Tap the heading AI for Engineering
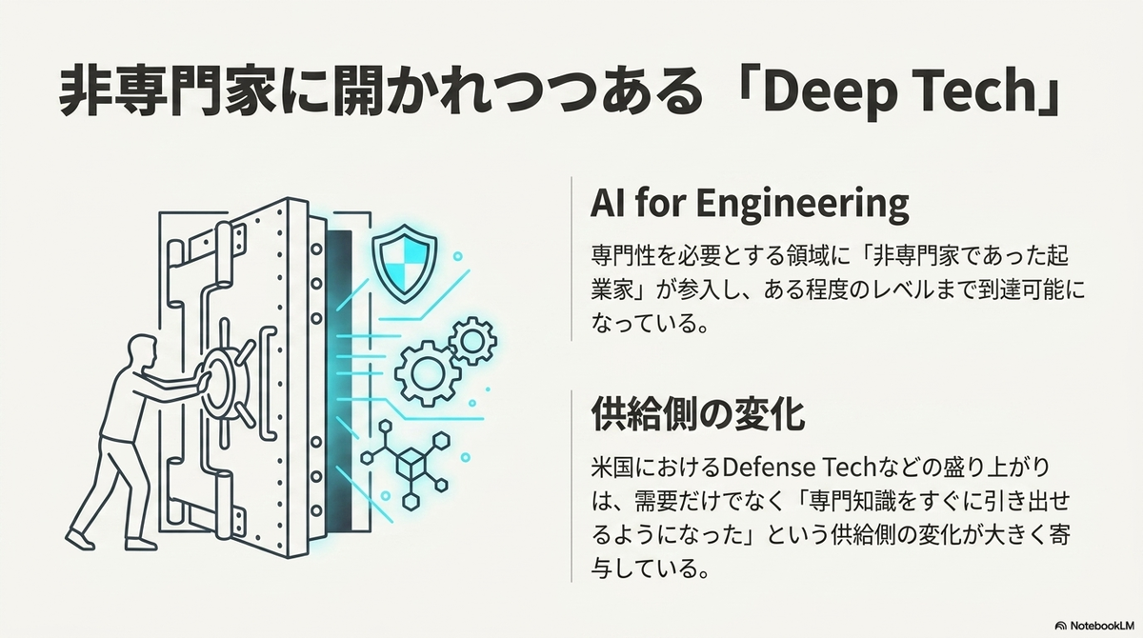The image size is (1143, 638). click(x=750, y=205)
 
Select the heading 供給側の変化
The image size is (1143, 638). click(x=697, y=414)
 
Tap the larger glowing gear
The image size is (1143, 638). click(x=428, y=374)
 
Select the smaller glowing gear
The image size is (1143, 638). click(x=472, y=340)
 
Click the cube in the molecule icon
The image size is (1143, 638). click(x=411, y=464)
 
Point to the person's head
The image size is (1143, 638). click(x=141, y=352)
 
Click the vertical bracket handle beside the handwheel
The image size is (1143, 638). click(x=269, y=384)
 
